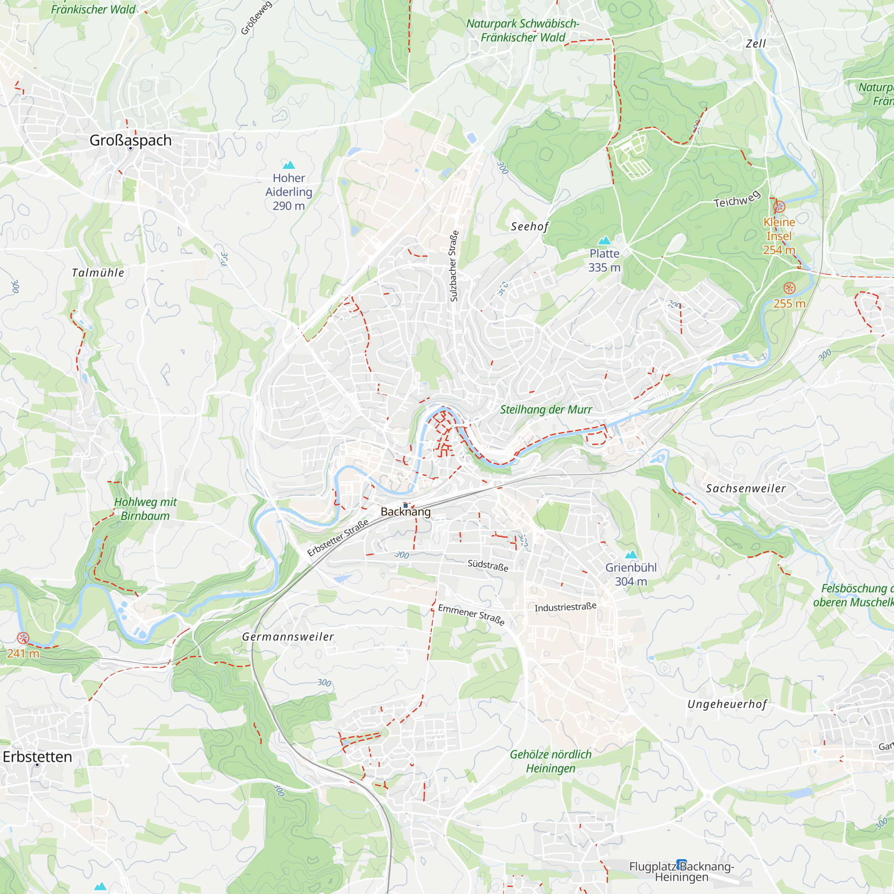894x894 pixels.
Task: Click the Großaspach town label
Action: click(130, 140)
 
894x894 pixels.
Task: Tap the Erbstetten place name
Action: click(38, 757)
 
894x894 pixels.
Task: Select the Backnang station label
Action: click(405, 512)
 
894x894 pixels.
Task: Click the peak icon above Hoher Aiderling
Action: click(289, 165)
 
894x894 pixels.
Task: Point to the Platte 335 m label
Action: click(604, 261)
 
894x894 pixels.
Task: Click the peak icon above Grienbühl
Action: click(631, 555)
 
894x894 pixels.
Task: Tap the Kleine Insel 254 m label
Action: click(779, 236)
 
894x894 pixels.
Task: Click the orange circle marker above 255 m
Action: click(789, 288)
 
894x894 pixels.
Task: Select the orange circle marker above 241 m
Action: click(23, 639)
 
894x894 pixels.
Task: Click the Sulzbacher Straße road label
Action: click(454, 266)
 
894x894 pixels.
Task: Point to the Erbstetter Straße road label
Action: click(338, 537)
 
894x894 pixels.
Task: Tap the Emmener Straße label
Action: click(471, 615)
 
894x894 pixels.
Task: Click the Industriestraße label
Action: click(565, 607)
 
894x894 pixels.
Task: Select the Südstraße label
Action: click(488, 565)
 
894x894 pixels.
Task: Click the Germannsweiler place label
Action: click(288, 637)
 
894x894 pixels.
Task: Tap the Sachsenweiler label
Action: click(746, 489)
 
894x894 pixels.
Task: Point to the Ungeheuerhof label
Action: click(727, 704)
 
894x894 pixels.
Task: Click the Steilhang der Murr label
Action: click(546, 409)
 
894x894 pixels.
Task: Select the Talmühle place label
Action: click(98, 273)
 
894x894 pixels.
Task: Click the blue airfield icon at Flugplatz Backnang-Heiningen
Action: click(681, 864)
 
